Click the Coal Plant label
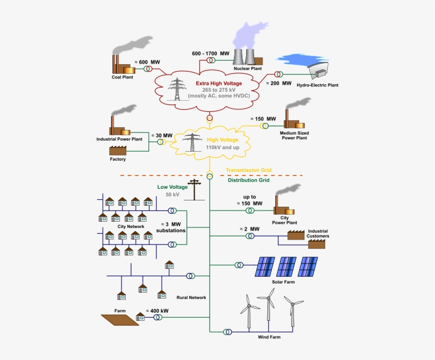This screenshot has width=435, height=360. click(122, 77)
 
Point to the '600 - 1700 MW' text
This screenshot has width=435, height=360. click(211, 54)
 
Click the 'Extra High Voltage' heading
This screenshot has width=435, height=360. click(219, 83)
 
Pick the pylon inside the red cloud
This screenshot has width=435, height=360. click(177, 89)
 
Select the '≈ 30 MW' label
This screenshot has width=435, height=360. click(162, 135)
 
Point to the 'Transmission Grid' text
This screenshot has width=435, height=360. click(249, 170)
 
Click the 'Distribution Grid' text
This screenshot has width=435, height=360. click(249, 180)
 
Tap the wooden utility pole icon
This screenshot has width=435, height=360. click(196, 189)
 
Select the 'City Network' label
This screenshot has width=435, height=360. click(130, 226)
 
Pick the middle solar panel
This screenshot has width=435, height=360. click(287, 267)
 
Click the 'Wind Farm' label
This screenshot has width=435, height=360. click(269, 337)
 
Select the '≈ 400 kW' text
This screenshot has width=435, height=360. click(158, 311)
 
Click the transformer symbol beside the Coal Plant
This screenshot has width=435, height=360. click(147, 68)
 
